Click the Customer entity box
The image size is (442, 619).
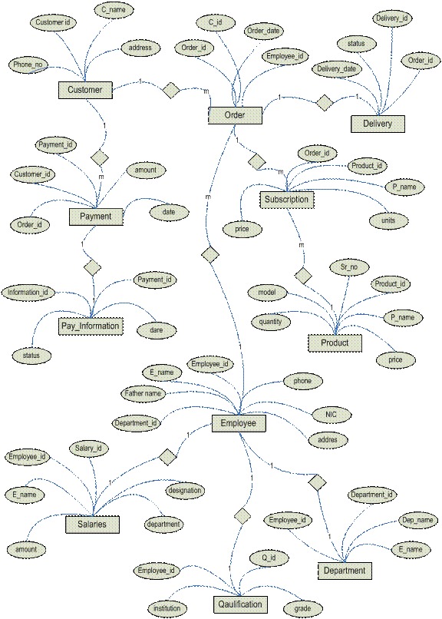tap(85, 90)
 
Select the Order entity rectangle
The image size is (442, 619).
tap(235, 115)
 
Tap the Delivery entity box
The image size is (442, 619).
tap(378, 124)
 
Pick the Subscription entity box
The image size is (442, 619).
tap(287, 200)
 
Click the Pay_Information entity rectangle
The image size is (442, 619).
tap(91, 326)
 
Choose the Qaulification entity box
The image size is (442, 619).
tap(240, 604)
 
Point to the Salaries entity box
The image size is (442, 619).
tap(92, 525)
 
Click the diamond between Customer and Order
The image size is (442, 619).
tap(171, 91)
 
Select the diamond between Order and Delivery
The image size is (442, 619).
tap(325, 103)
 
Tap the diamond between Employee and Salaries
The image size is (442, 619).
tap(167, 457)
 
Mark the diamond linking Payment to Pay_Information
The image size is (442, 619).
tap(92, 267)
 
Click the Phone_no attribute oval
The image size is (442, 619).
tap(28, 65)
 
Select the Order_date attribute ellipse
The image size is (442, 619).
tap(263, 31)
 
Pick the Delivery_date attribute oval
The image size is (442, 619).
tap(337, 69)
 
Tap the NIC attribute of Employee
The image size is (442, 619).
tap(331, 415)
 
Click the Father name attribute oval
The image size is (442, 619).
tap(143, 393)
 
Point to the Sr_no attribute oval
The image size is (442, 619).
tap(349, 267)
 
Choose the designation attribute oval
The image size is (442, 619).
tap(185, 491)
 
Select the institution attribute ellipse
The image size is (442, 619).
tap(167, 608)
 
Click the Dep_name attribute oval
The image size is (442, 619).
tap(417, 520)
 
